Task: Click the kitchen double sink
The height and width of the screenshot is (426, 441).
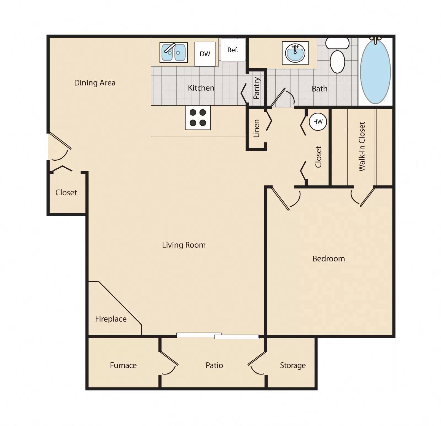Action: [x=173, y=52]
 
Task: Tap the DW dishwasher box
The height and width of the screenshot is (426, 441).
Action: [x=205, y=54]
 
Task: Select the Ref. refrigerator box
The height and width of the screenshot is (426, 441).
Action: [x=233, y=50]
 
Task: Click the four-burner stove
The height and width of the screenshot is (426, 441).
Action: [x=198, y=118]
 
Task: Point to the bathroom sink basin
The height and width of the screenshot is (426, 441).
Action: [x=295, y=53]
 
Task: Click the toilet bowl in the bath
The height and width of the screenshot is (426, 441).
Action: [x=337, y=61]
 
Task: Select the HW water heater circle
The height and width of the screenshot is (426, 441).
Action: [x=318, y=122]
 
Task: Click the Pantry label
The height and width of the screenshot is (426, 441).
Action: [x=256, y=88]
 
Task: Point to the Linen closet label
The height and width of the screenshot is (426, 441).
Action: [x=256, y=128]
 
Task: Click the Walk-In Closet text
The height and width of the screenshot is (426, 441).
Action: [x=362, y=147]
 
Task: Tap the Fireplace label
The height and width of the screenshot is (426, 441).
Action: [x=111, y=319]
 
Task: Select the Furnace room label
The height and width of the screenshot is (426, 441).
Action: [x=123, y=365]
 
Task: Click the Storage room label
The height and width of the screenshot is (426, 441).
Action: [x=293, y=365]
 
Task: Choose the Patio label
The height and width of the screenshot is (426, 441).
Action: [x=214, y=365]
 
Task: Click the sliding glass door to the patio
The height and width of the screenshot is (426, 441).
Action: [x=218, y=336]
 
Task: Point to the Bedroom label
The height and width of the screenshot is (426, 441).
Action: [x=329, y=258]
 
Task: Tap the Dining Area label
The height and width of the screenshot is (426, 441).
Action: [x=95, y=83]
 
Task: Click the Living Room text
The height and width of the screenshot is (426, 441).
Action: [x=184, y=245]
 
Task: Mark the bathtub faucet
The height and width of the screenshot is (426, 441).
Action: [x=375, y=40]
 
